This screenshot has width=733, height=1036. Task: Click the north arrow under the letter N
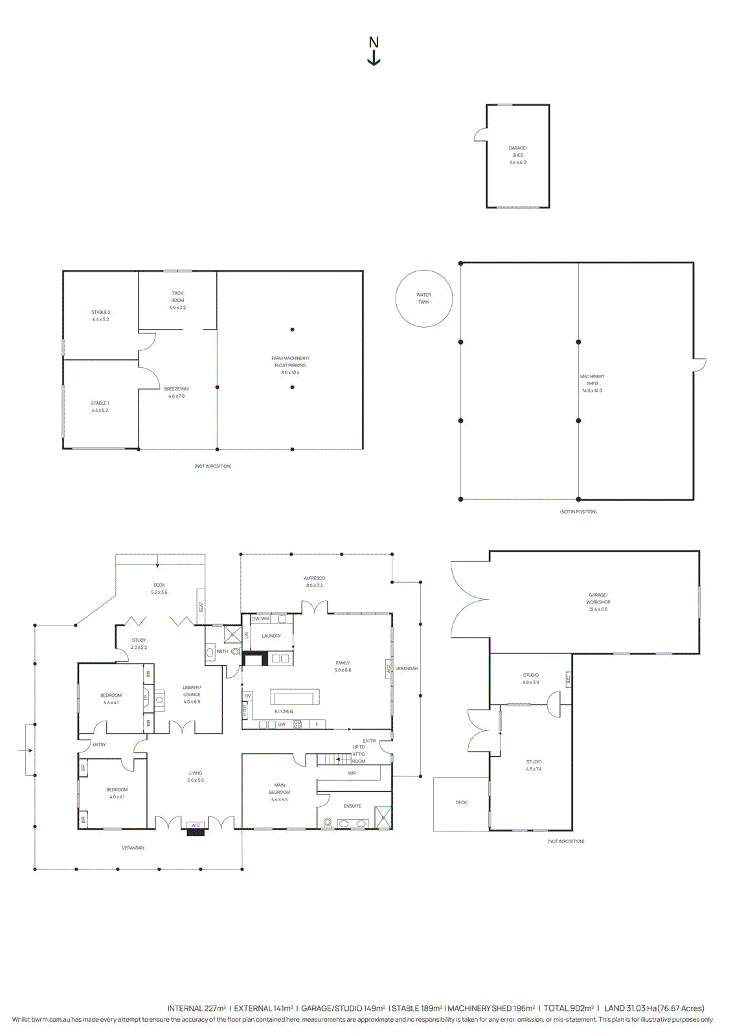click(x=374, y=59)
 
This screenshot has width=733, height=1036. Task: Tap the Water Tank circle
click(x=423, y=298)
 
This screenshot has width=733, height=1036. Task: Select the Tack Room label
click(x=177, y=300)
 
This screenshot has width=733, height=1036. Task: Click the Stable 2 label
click(x=100, y=315)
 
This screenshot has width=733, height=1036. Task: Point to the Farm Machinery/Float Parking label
click(x=290, y=365)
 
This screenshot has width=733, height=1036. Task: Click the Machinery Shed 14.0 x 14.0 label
click(x=592, y=383)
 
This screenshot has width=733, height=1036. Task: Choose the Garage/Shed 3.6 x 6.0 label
click(x=517, y=155)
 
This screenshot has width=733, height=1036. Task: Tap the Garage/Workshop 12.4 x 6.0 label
click(x=598, y=602)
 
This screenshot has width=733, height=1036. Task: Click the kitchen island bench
click(x=295, y=697)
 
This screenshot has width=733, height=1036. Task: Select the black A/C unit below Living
click(x=196, y=832)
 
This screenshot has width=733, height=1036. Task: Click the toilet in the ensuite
click(x=328, y=823)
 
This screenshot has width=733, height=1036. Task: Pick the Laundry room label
click(x=271, y=636)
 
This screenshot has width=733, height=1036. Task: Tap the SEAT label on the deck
click(x=201, y=607)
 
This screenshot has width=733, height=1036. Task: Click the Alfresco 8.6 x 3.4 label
click(x=314, y=581)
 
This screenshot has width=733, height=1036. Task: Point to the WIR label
click(x=352, y=773)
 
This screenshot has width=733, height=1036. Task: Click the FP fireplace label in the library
click(x=146, y=698)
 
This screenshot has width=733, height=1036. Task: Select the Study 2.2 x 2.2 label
click(x=139, y=643)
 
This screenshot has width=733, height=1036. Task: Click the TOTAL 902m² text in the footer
click(x=568, y=1008)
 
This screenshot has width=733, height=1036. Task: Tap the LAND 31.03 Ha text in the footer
click(x=654, y=1008)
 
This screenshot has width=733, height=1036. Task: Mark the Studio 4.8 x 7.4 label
click(x=534, y=765)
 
